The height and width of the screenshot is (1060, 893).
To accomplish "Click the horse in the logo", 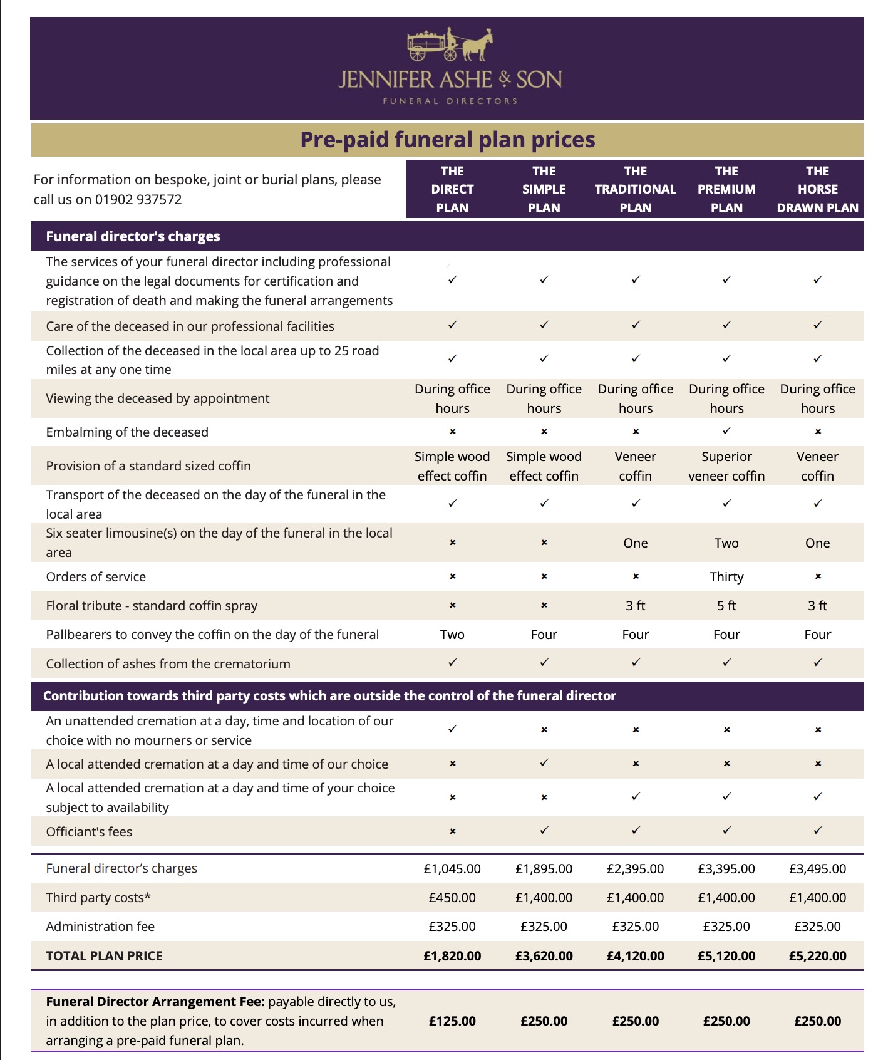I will (x=478, y=45).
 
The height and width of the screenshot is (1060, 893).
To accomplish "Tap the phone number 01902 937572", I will (x=138, y=200).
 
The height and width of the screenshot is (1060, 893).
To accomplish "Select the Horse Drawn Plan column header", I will (x=817, y=189).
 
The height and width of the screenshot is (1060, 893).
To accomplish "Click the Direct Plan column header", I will (x=452, y=189).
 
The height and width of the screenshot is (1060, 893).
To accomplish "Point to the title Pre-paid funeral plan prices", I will (x=447, y=140).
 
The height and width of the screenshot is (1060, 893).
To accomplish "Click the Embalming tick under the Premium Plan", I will (x=726, y=431).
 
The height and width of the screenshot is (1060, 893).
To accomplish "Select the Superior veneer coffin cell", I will (x=726, y=466).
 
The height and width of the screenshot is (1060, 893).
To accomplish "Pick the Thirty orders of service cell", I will (x=726, y=577).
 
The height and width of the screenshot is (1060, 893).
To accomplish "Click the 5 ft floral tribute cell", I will (x=726, y=606).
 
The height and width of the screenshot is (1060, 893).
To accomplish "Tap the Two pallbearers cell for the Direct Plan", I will (x=452, y=635).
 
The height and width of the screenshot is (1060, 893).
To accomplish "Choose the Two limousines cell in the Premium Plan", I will (x=726, y=543).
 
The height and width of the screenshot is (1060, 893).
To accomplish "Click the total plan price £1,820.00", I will (x=452, y=956).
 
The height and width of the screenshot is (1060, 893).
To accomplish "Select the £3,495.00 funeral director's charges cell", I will (x=817, y=869).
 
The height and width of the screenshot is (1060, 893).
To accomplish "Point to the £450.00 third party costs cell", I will (x=452, y=898).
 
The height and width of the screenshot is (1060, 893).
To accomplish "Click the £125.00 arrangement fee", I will (x=452, y=1021).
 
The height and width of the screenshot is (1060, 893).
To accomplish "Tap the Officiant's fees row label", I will (x=89, y=832).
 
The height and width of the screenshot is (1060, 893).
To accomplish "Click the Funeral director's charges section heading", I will (x=133, y=236).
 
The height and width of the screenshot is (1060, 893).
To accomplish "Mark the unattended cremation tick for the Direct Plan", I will (x=452, y=729).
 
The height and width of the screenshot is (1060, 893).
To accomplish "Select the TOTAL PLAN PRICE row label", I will (x=104, y=956).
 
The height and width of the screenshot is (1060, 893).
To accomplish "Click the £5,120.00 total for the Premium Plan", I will (x=726, y=956).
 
